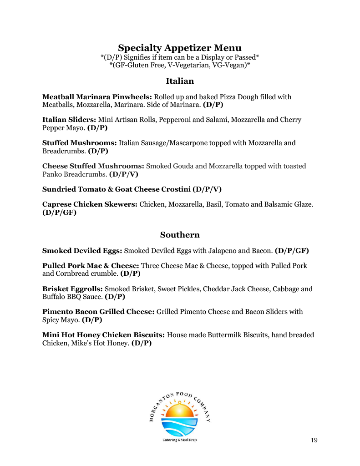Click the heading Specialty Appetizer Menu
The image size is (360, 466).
180,48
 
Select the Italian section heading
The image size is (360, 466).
180,81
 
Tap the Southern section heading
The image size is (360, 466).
180,235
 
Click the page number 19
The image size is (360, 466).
314,440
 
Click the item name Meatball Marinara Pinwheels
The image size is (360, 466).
97,97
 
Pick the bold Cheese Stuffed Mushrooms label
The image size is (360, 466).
93,166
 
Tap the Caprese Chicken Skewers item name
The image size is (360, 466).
90,204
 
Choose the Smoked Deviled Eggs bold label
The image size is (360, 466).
82,250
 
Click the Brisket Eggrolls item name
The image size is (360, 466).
72,289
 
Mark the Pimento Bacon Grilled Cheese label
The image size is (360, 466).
98,312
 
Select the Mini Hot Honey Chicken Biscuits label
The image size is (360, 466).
103,335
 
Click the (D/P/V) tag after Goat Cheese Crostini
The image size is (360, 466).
207,189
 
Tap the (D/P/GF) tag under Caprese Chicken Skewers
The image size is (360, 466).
59,213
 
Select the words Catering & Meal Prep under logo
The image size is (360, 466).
180,440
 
